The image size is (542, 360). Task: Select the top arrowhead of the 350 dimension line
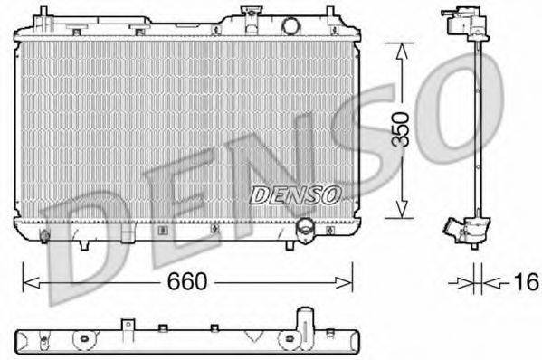tap(399, 46)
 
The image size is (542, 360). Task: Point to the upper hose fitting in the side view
tap(457, 22)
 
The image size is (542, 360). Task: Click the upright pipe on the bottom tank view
tap(301, 317)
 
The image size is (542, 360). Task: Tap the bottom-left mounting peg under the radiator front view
tap(83, 243)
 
